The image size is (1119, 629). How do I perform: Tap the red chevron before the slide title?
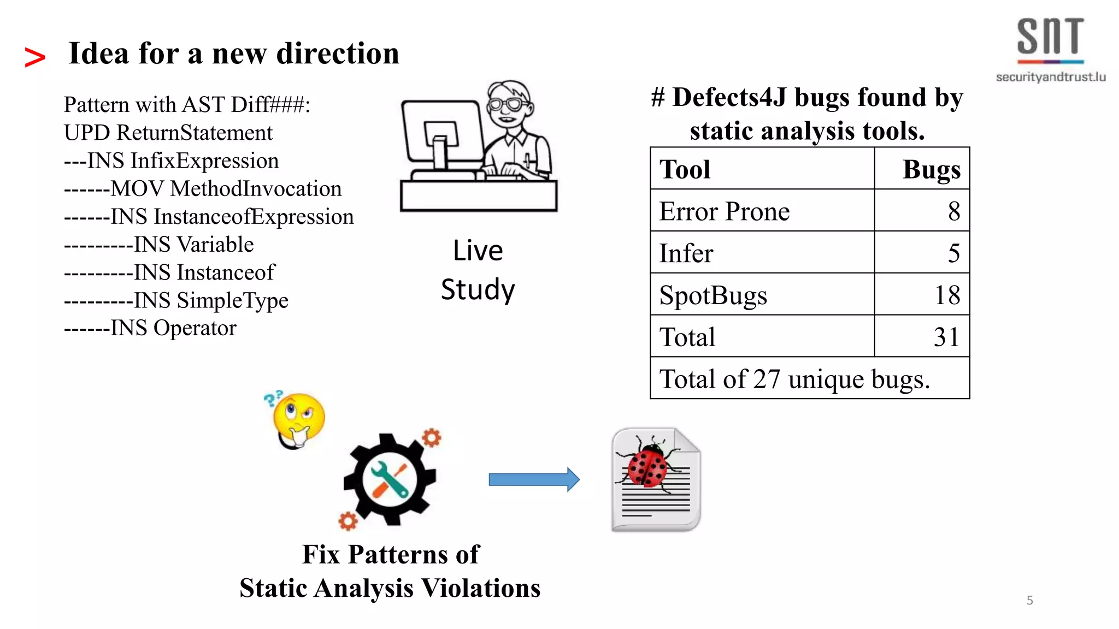pos(35,57)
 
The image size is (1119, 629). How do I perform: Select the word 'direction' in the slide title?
pos(338,54)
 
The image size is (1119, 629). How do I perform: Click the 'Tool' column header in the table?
pos(685,169)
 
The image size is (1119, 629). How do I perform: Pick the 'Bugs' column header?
pos(931,169)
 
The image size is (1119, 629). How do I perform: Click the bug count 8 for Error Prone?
pos(953,211)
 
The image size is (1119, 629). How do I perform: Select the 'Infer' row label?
pos(686,253)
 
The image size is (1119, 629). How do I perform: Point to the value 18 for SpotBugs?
pos(947,295)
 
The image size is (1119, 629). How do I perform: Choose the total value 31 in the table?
pos(946,337)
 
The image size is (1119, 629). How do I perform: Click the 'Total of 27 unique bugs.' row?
pos(794,379)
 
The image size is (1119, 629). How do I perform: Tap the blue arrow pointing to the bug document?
pos(534,479)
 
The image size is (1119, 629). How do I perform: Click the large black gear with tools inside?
pos(389,479)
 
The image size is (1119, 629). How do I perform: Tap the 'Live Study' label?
pos(478,270)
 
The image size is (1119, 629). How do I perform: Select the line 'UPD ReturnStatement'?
pos(168,133)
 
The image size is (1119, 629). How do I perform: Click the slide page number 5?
pos(1030,601)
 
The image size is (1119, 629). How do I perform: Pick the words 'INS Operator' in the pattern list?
pos(173,328)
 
